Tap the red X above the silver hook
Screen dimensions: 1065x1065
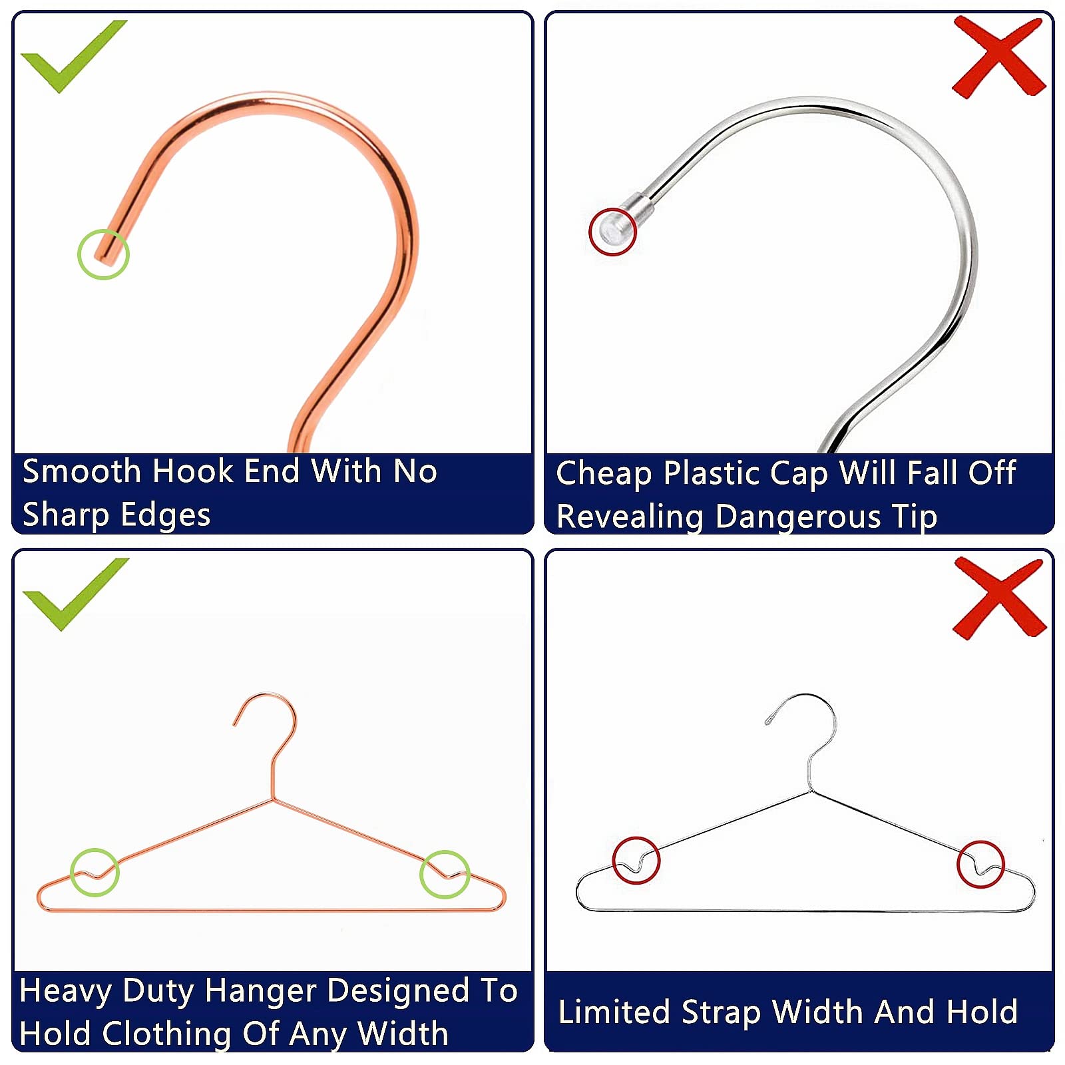[x=998, y=57]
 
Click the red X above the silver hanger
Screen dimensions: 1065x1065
[x=998, y=598]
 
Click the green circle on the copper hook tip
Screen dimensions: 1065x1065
[x=103, y=254]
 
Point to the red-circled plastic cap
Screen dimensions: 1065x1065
[x=613, y=232]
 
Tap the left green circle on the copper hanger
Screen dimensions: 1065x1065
[x=95, y=872]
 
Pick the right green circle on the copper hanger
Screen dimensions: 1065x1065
[x=445, y=874]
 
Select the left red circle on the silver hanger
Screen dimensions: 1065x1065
[x=636, y=860]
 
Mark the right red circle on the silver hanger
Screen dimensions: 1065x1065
[x=980, y=864]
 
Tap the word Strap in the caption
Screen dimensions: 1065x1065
[x=721, y=1012]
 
